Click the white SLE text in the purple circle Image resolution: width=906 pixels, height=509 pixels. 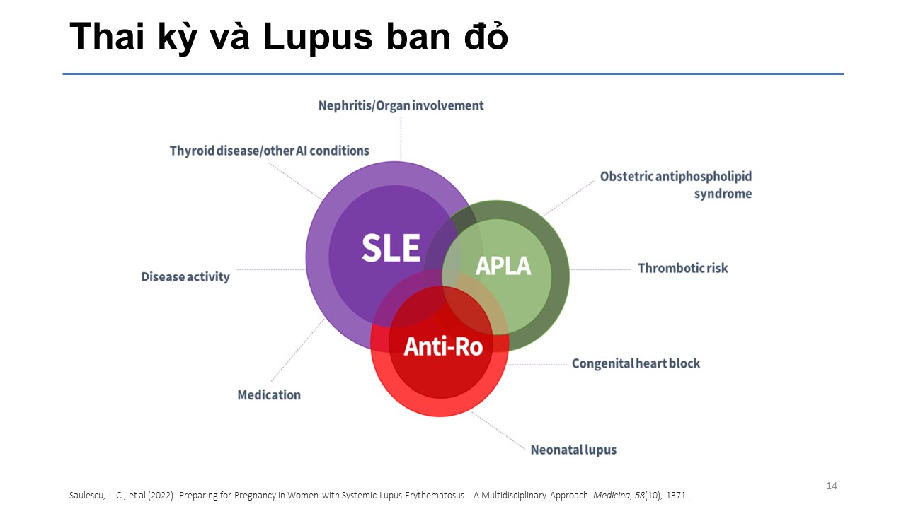[391, 247]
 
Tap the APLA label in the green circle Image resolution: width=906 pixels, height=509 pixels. [503, 266]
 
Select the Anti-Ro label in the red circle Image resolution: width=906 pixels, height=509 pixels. [442, 346]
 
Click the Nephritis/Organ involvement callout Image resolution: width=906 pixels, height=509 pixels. [401, 105]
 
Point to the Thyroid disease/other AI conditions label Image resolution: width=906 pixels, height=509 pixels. [269, 151]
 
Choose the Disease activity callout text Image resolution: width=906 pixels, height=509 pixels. [185, 276]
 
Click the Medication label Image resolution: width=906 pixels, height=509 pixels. [269, 394]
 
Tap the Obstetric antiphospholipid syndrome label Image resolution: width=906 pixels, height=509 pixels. [675, 185]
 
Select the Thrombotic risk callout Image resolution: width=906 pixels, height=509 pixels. [682, 268]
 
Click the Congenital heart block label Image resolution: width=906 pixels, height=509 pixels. [636, 363]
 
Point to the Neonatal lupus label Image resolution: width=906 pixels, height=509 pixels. [573, 450]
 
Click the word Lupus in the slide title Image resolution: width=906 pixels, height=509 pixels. [316, 38]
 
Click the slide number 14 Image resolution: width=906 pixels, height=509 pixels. [832, 486]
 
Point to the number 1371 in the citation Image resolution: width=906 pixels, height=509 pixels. [675, 494]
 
